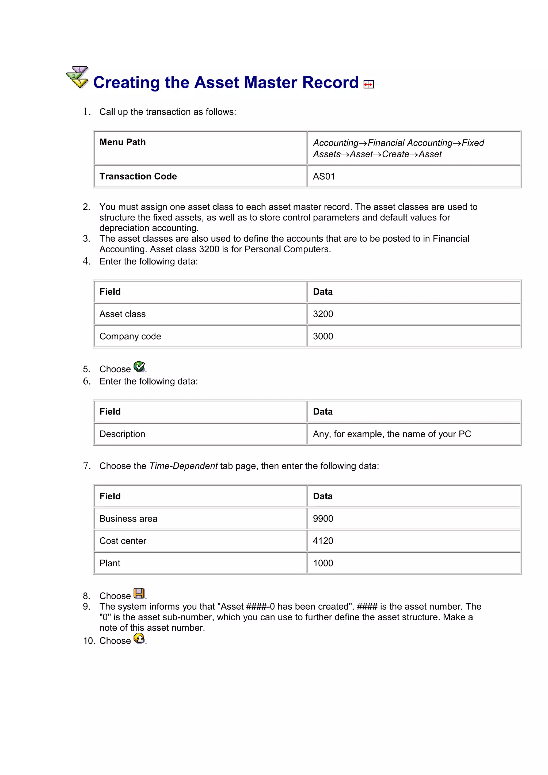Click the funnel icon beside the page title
tap(77, 77)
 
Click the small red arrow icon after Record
tap(368, 84)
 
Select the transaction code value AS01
tap(324, 177)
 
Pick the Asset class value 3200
tap(323, 314)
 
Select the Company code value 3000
tap(323, 337)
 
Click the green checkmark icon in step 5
tap(139, 367)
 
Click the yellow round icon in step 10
tap(139, 638)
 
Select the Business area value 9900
tap(323, 519)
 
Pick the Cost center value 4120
tap(323, 541)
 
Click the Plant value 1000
tap(323, 563)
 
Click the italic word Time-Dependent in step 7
tap(183, 466)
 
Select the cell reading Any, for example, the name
tap(392, 434)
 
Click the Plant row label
tap(110, 563)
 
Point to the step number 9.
tap(86, 607)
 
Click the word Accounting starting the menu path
tap(336, 143)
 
